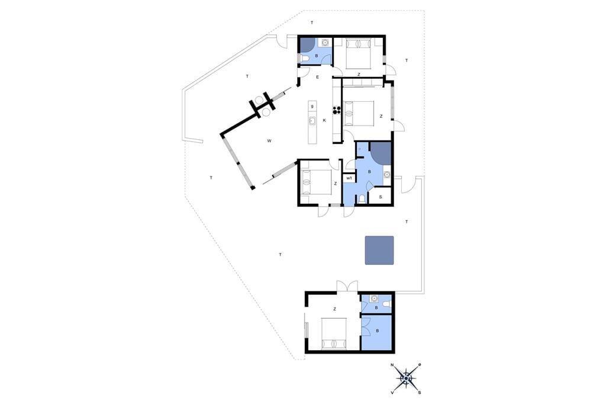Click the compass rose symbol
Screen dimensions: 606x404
[x=406, y=379]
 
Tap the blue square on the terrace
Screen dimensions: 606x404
[x=379, y=251]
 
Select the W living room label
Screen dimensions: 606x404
[x=269, y=140]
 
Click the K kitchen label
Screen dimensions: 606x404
[x=324, y=120]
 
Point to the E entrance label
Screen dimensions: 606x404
[x=318, y=77]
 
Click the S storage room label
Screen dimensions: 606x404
[x=381, y=197]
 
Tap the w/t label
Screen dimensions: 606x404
[x=349, y=178]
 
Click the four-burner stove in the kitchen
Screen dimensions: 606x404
[x=336, y=110]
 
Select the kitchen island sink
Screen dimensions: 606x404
[x=312, y=121]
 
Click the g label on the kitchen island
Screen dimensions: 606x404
[x=312, y=106]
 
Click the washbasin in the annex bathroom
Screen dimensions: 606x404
[x=374, y=299]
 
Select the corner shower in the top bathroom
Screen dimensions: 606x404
[x=307, y=44]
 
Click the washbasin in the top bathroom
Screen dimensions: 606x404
[x=325, y=41]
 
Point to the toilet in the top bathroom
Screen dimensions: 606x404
[x=304, y=59]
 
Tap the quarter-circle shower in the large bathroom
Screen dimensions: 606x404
[x=381, y=153]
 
